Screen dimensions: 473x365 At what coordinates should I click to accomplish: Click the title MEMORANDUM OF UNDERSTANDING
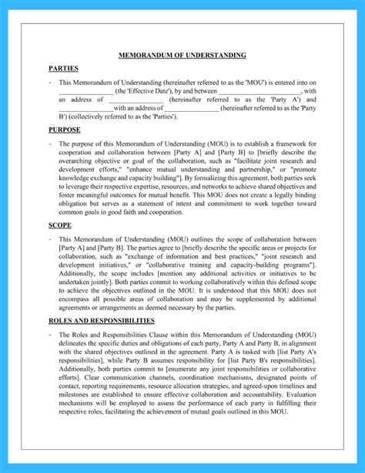coord(182,56)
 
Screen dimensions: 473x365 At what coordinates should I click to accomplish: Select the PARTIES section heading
coord(62,69)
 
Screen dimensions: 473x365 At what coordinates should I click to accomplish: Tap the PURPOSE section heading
coord(64,130)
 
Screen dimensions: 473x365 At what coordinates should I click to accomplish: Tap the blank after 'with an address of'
coord(191,109)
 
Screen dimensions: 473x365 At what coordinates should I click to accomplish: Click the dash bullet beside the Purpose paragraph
coord(50,144)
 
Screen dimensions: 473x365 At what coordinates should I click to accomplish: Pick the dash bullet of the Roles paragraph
coord(50,334)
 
